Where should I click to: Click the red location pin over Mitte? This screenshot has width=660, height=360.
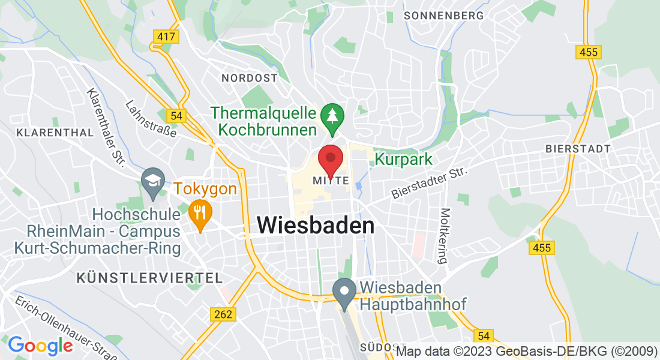330,160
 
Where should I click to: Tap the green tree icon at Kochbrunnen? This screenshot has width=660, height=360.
332,116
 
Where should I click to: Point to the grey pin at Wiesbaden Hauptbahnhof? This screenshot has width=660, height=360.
344,293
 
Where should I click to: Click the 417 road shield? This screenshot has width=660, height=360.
166,37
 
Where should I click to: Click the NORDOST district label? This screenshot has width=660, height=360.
250,78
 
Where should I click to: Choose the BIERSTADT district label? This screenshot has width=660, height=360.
578,148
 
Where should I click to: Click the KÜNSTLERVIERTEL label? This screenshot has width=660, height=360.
150,278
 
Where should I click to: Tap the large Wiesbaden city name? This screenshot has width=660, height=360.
316,226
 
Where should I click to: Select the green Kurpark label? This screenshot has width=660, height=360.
403,159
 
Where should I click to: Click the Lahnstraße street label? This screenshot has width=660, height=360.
151,118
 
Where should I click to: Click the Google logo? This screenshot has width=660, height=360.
40,346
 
